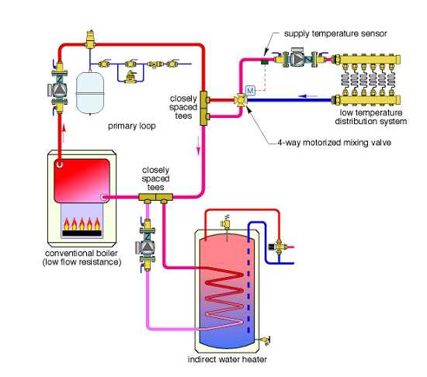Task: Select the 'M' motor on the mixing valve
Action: click(250, 91)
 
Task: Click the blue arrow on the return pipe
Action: click(307, 99)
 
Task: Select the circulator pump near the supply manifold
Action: click(299, 59)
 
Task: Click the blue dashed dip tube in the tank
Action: click(247, 272)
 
